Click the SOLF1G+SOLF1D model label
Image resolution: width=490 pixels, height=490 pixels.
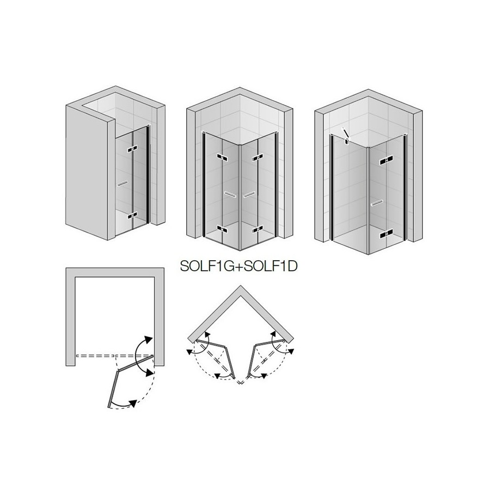239,266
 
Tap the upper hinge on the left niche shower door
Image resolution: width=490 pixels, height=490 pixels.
132,149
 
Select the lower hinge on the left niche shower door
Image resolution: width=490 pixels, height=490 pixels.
132,215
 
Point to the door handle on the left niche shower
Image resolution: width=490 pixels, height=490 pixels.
122,183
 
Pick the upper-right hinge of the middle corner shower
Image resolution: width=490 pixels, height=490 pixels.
258,158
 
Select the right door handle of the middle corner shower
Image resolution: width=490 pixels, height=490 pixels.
249,194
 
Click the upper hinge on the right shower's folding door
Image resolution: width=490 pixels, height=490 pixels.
386,161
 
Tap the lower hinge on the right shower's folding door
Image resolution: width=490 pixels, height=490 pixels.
386,233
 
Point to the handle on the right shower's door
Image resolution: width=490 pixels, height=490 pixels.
377,203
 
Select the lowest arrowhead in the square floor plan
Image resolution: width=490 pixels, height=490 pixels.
134,403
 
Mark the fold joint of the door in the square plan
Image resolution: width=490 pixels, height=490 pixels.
118,371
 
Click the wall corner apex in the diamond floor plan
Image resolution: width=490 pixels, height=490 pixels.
240,286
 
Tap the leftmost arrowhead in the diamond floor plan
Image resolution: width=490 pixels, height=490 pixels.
189,352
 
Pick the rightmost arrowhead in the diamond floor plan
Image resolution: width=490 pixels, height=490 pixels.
291,352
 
